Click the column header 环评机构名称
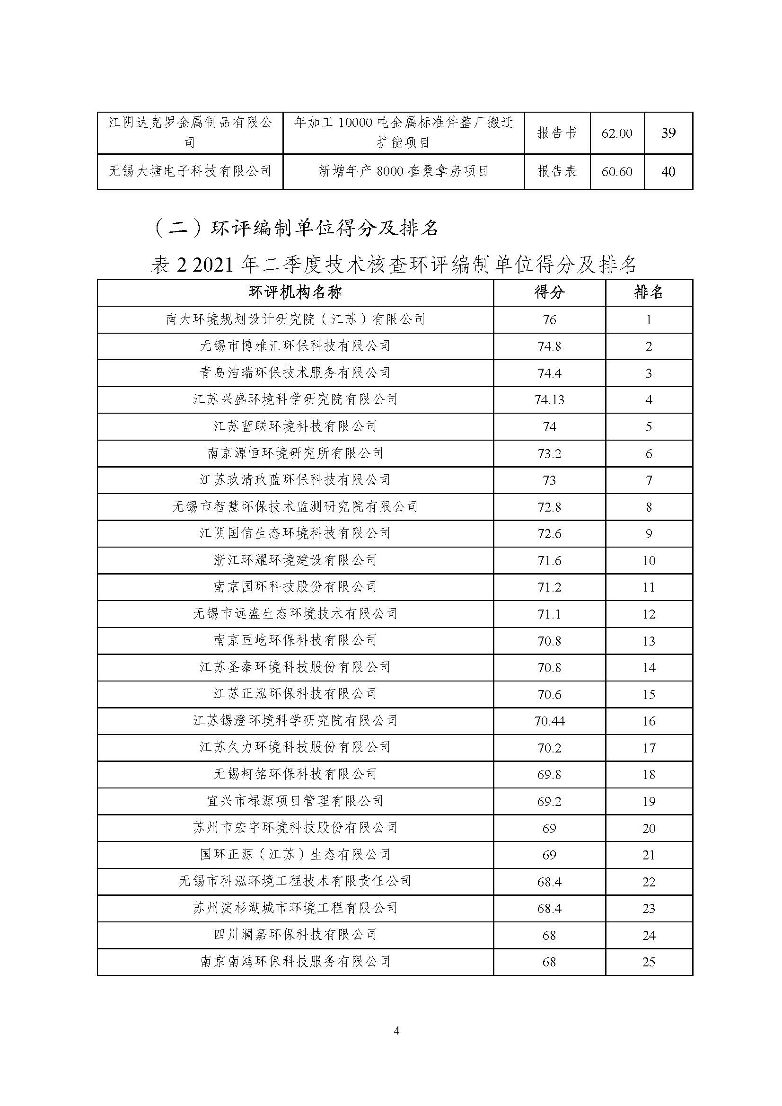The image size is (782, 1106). [x=295, y=292]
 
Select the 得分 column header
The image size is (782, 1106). [x=549, y=292]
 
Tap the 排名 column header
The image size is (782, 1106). [x=648, y=292]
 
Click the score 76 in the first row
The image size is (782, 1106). [x=549, y=320]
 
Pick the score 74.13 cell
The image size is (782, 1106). [x=549, y=400]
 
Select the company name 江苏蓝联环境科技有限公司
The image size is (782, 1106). [x=295, y=426]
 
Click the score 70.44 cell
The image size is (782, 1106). [x=549, y=721]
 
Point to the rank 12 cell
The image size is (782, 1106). [x=649, y=614]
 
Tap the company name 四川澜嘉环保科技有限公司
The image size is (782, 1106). [x=295, y=935]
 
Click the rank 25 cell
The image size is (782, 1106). [x=649, y=962]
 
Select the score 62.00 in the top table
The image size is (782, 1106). [x=616, y=133]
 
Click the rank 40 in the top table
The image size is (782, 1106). [x=668, y=171]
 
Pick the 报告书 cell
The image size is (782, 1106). [x=557, y=133]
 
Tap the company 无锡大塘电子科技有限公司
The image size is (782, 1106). [x=190, y=171]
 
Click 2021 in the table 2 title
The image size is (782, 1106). [x=214, y=265]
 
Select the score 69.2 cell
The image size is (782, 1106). [x=549, y=802]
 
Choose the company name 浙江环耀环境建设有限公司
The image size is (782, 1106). [x=295, y=560]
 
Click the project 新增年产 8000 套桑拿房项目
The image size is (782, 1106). [x=403, y=171]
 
